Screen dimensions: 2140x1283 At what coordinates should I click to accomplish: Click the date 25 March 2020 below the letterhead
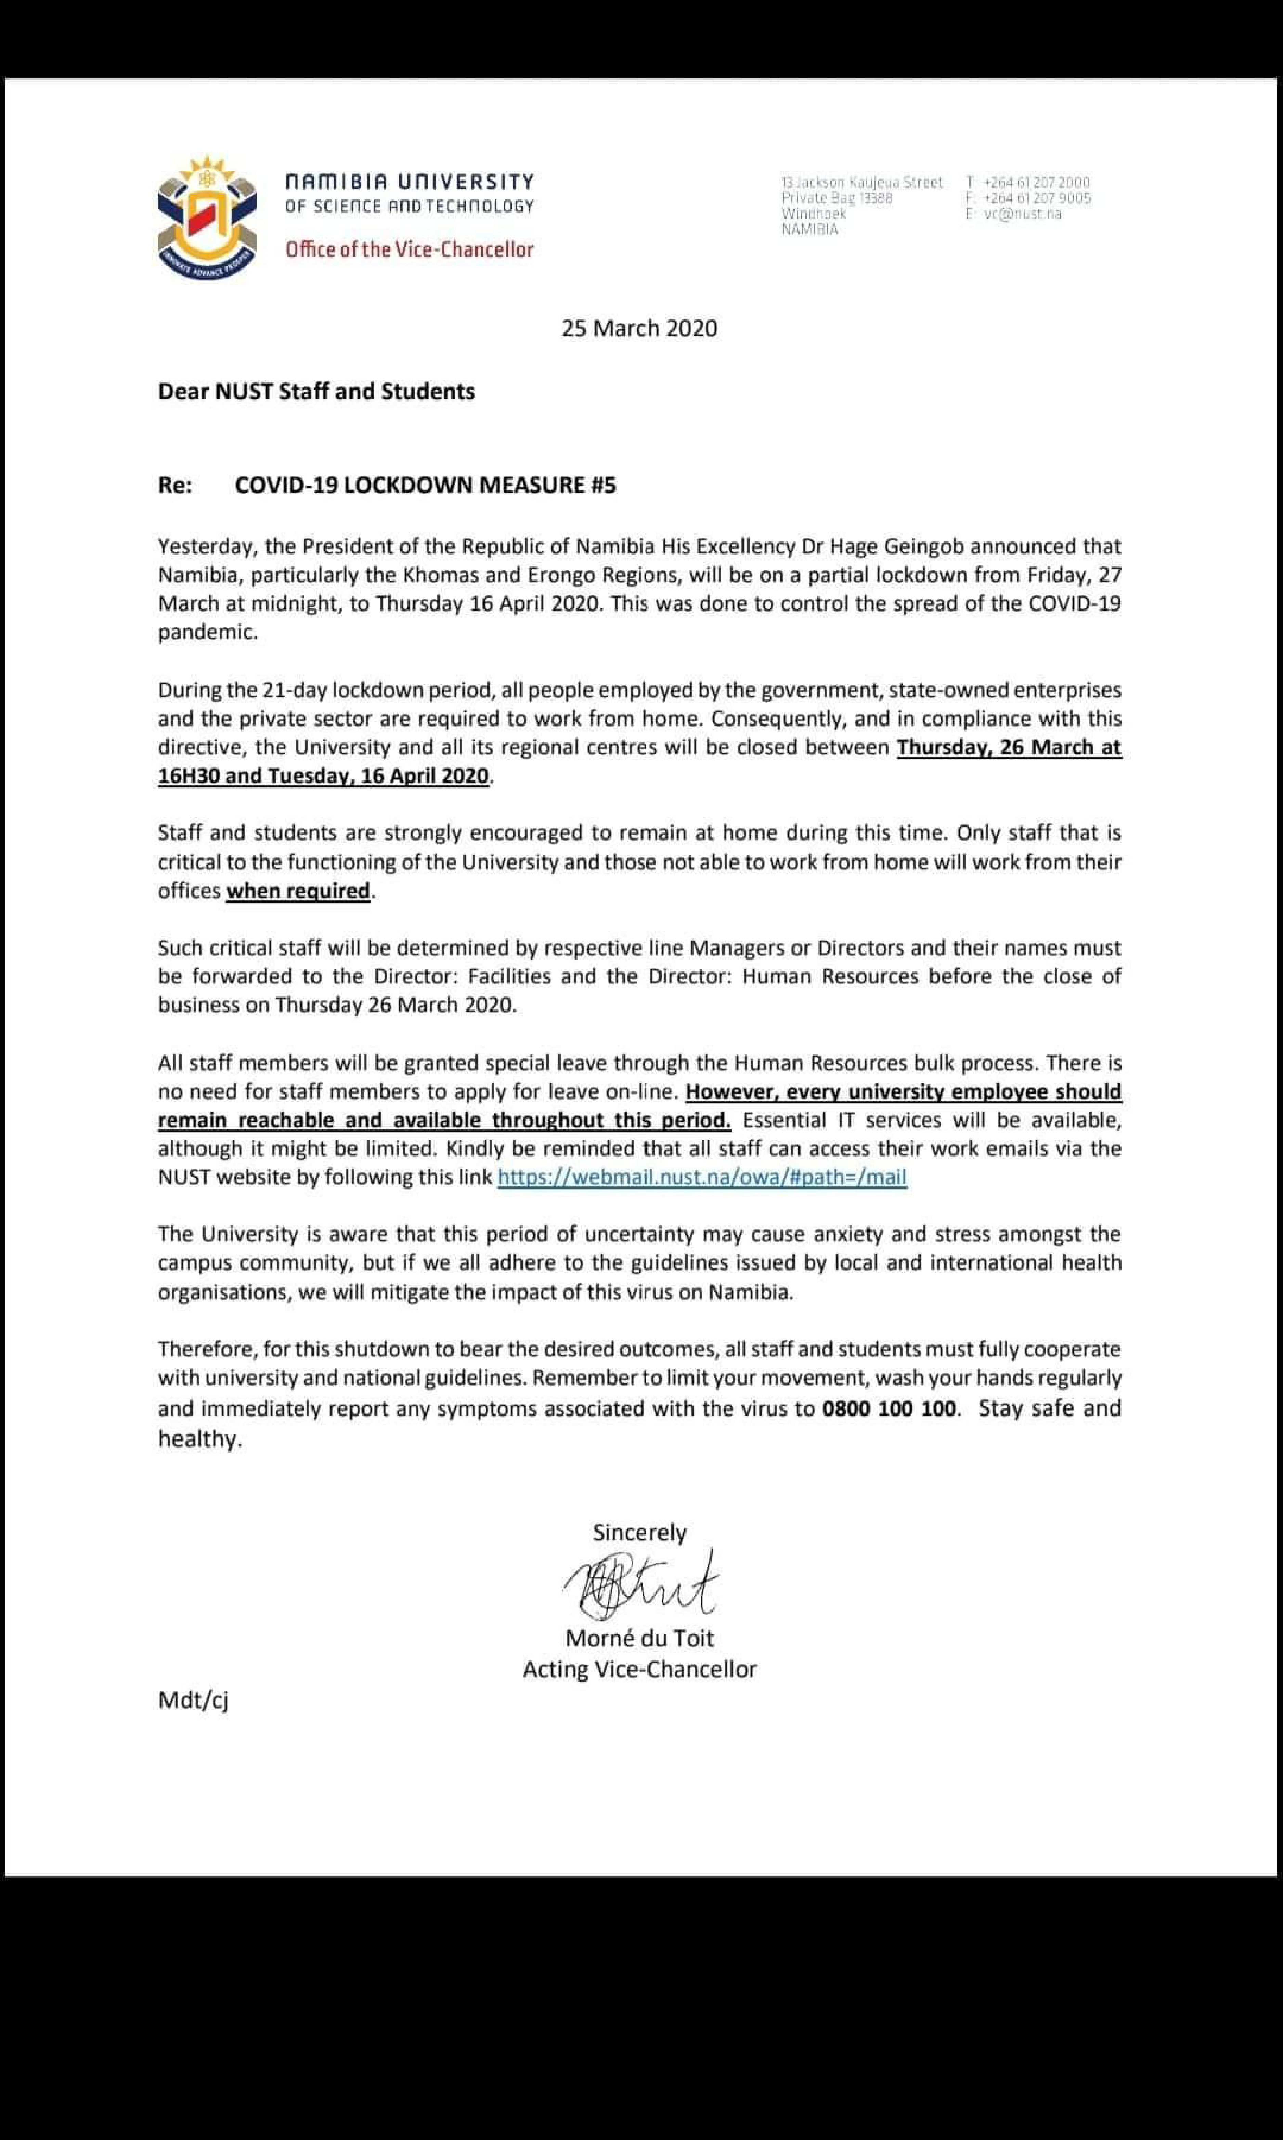point(639,328)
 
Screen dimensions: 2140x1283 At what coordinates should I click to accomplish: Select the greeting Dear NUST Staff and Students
point(316,392)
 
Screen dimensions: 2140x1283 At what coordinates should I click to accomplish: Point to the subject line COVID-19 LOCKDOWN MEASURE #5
point(425,485)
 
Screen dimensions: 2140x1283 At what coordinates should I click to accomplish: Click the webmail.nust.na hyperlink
point(702,1177)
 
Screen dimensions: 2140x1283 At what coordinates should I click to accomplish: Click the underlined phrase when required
point(298,890)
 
